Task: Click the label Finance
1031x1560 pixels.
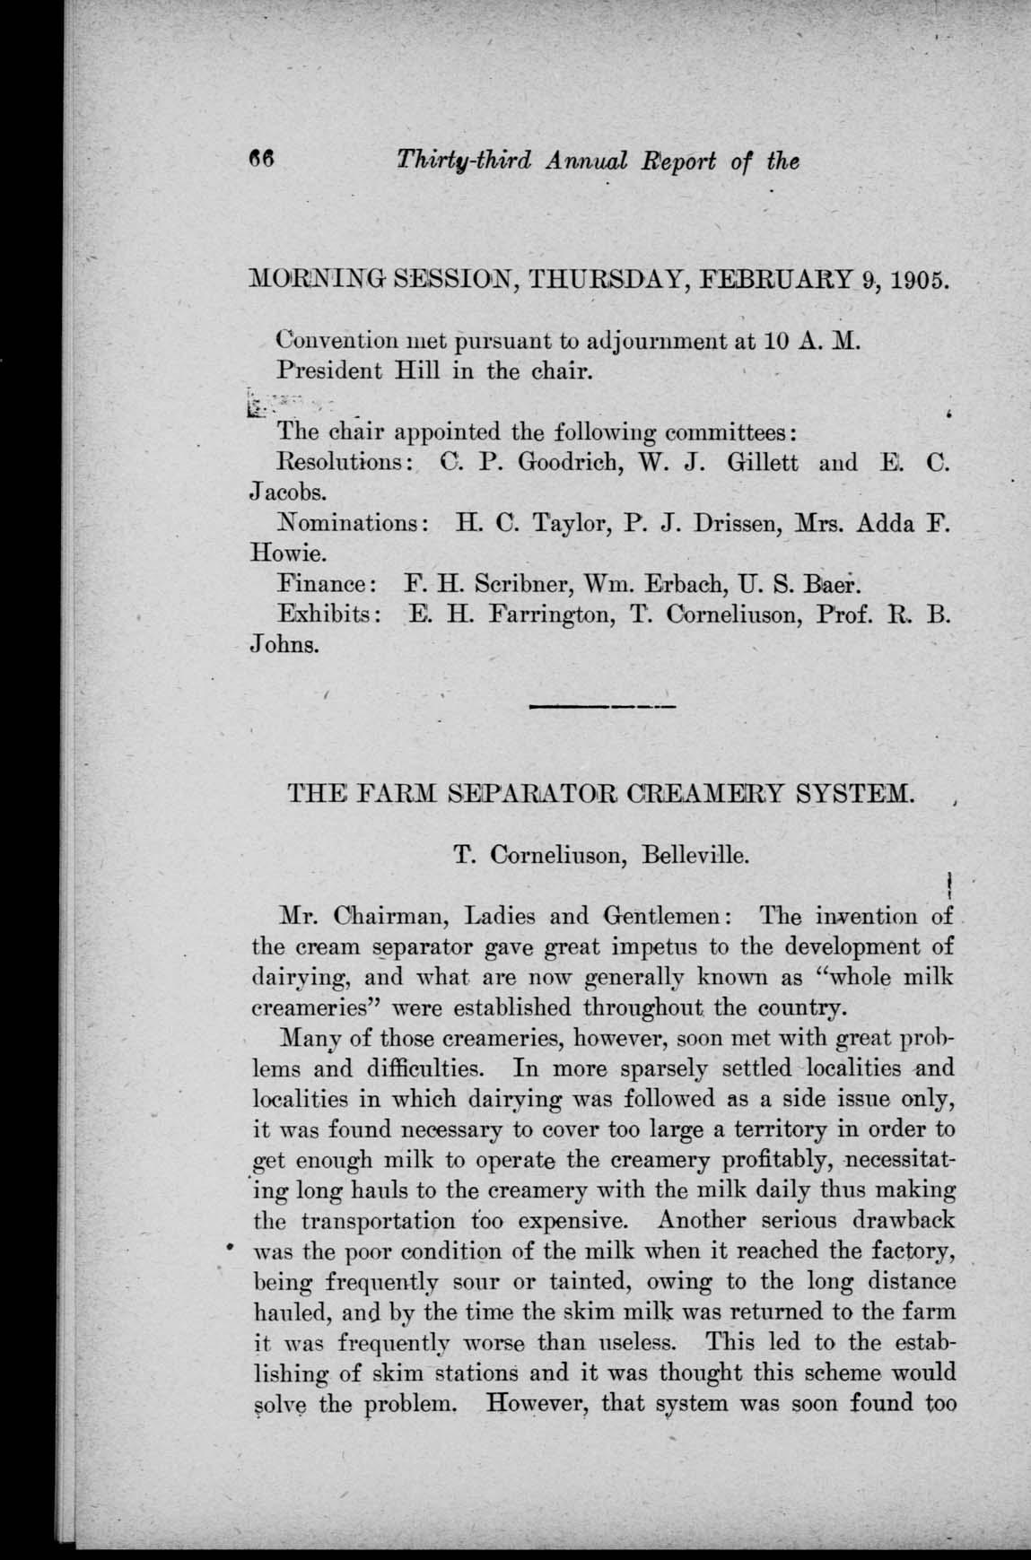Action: (327, 584)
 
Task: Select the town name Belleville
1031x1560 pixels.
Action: (695, 855)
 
